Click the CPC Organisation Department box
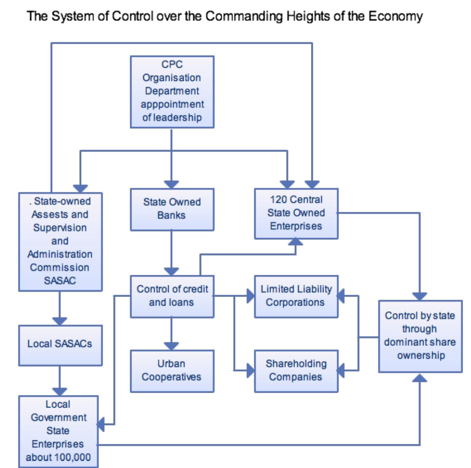172,92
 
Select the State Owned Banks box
172,209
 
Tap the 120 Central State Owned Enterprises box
296,214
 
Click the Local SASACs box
60,345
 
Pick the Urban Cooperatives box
172,371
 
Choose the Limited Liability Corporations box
296,296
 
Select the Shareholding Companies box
296,371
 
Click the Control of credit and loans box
172,296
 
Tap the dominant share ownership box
420,336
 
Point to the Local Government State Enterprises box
59,431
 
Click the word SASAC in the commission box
60,280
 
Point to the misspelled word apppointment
172,104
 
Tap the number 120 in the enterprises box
279,199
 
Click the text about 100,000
59,457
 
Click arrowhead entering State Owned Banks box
172,184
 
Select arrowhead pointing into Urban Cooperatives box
172,346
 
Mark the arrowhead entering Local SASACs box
60,321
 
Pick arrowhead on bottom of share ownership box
420,378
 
